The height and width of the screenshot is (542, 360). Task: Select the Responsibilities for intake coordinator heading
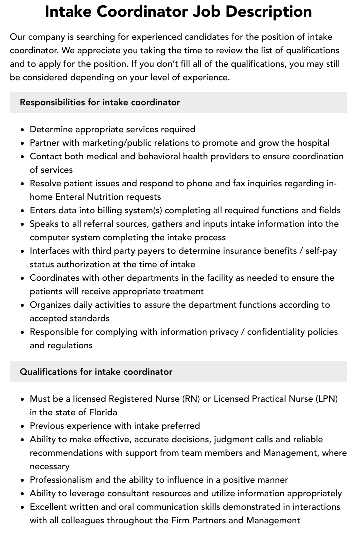pos(100,102)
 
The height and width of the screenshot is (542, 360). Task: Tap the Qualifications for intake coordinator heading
pos(96,372)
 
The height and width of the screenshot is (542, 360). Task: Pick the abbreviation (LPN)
pos(326,399)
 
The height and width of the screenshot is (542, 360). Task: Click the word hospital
pos(312,143)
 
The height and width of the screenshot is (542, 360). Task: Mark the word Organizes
pos(50,305)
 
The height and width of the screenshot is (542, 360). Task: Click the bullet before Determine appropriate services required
pos(23,130)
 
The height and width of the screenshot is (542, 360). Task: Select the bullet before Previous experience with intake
pos(23,426)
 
